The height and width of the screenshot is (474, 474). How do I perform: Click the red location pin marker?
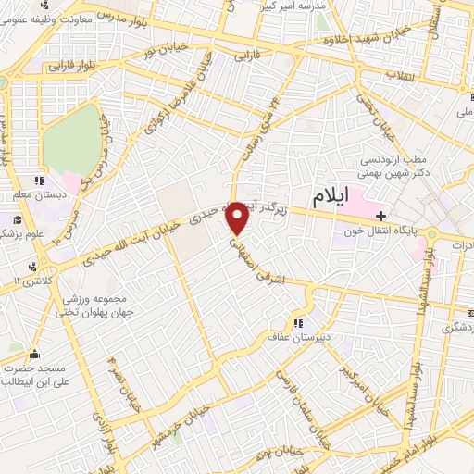click(238, 218)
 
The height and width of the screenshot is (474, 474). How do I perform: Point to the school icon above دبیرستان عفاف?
click(298, 323)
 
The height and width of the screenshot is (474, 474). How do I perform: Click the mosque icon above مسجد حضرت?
click(35, 354)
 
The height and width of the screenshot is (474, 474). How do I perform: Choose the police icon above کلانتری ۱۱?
click(34, 267)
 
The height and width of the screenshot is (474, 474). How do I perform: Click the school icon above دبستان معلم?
click(39, 181)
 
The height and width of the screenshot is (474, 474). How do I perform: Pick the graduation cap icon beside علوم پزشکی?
click(17, 219)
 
